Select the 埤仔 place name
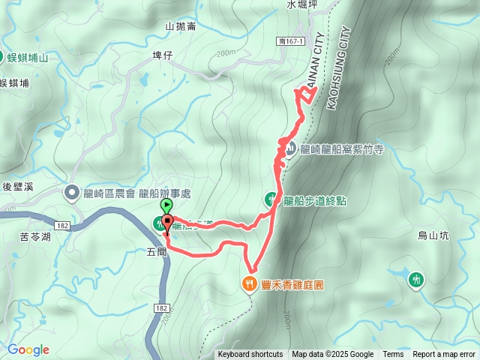pyautogui.click(x=162, y=55)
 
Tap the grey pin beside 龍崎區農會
pyautogui.click(x=72, y=193)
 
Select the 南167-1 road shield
pyautogui.click(x=290, y=42)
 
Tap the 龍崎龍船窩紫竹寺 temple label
pyautogui.click(x=341, y=149)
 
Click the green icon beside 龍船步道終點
pyautogui.click(x=271, y=199)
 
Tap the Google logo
pyautogui.click(x=28, y=349)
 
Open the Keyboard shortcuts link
pyautogui.click(x=250, y=355)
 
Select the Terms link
pyautogui.click(x=393, y=355)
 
